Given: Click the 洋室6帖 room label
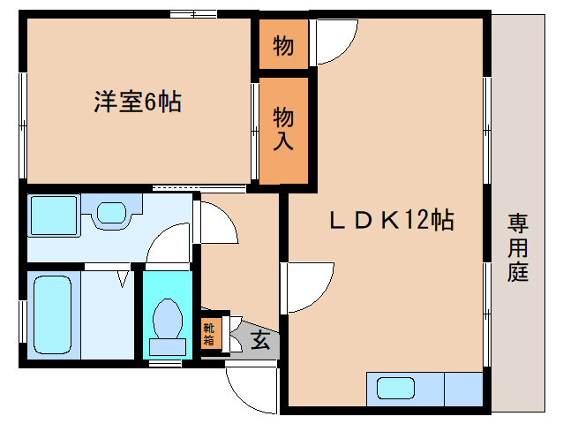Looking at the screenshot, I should coord(138,102).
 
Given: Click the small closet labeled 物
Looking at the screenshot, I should coord(283,46).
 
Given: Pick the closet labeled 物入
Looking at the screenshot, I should coord(283,129).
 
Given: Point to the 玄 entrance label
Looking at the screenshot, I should coord(260,339).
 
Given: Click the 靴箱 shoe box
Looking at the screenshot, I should coord(209,334).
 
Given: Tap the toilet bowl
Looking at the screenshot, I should coord(167,318).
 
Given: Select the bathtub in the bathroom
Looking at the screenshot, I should coord(53,314).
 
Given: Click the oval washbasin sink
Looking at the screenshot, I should coord(111,213).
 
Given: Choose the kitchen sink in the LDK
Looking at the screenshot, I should coord(395,389).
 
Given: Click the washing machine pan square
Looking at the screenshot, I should coord(54,215).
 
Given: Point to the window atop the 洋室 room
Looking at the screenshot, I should coord(194,14).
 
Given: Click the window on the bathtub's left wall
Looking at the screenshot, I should coord(22,314).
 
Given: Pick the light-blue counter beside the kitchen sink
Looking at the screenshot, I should coord(463,389).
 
